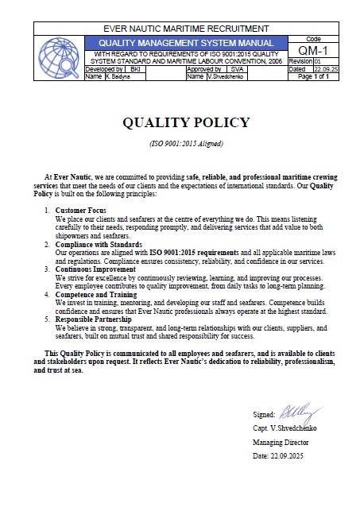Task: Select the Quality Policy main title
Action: [x=185, y=122]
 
